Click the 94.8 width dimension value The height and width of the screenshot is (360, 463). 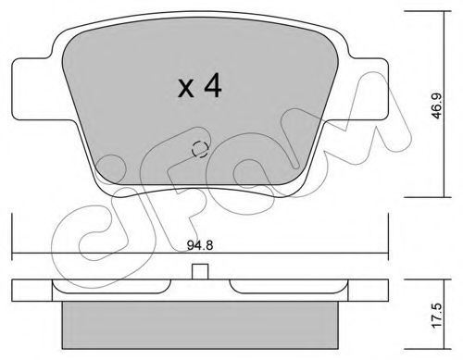click(200, 245)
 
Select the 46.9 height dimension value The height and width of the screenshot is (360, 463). click(437, 106)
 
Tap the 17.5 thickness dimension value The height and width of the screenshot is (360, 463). click(437, 316)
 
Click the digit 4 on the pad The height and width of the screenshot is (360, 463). click(213, 86)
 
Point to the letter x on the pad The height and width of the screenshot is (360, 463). click(186, 89)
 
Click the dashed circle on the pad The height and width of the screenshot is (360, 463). click(200, 149)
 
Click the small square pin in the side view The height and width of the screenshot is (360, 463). click(200, 271)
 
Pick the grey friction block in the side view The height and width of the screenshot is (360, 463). click(200, 325)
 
